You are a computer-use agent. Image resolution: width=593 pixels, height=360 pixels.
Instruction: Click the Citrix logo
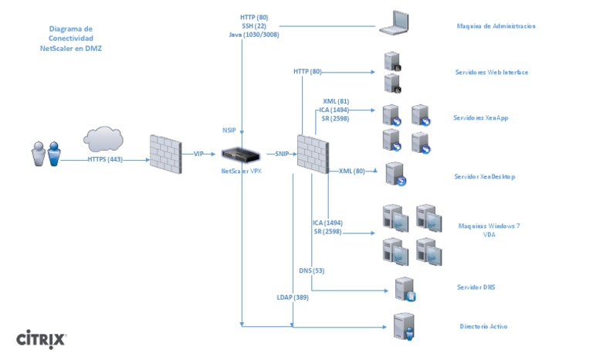pyautogui.click(x=42, y=339)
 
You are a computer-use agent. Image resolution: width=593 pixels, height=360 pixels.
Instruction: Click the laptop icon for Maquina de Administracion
pyautogui.click(x=397, y=23)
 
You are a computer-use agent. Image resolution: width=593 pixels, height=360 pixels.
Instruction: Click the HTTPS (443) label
pyautogui.click(x=104, y=161)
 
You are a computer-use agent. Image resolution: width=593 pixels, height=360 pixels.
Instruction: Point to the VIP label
pyautogui.click(x=199, y=155)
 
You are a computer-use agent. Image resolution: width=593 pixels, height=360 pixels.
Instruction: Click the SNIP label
pyautogui.click(x=281, y=154)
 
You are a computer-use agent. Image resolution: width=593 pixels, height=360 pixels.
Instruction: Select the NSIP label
pyautogui.click(x=229, y=130)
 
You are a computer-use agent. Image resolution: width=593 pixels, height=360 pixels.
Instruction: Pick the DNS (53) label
pyautogui.click(x=311, y=270)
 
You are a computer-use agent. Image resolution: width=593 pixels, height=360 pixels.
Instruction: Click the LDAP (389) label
pyautogui.click(x=293, y=297)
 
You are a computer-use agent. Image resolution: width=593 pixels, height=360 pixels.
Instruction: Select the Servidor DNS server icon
pyautogui.click(x=404, y=289)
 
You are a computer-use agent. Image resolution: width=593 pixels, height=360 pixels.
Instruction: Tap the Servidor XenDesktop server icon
pyautogui.click(x=395, y=175)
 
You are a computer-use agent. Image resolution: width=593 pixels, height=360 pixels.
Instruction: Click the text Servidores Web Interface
pyautogui.click(x=491, y=73)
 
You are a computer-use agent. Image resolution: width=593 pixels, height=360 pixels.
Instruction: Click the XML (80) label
pyautogui.click(x=351, y=171)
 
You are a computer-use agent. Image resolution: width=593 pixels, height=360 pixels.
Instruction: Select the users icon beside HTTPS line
pyautogui.click(x=46, y=153)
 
